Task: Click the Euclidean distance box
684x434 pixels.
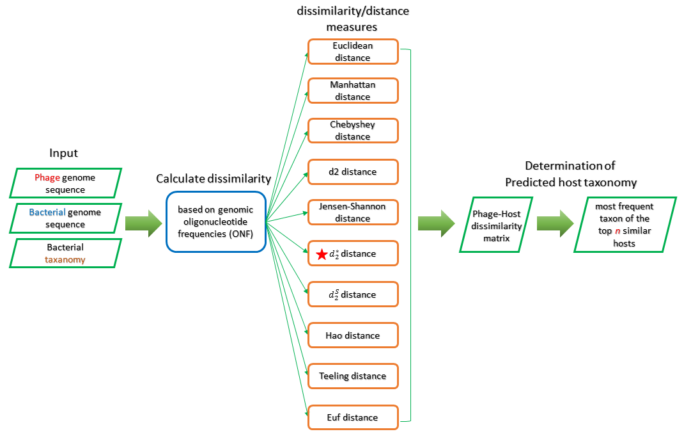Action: [x=353, y=52]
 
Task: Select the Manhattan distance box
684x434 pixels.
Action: [x=353, y=91]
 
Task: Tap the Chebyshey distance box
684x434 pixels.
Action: [x=353, y=131]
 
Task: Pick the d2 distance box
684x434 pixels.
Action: [x=353, y=172]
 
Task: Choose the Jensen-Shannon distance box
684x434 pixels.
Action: [x=353, y=213]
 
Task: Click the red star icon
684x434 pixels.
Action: [x=322, y=254]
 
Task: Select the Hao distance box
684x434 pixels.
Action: [x=353, y=335]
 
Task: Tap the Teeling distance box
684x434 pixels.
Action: [x=353, y=376]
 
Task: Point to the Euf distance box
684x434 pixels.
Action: [x=353, y=417]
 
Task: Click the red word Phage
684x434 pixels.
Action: [x=47, y=177]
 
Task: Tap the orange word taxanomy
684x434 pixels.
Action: [x=65, y=259]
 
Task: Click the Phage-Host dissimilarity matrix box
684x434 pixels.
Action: [x=497, y=225]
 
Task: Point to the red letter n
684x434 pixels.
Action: [x=618, y=231]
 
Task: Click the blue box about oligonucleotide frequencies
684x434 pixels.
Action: [x=215, y=221]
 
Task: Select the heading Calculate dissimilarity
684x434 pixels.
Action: [x=214, y=179]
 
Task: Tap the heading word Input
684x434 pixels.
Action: [x=64, y=154]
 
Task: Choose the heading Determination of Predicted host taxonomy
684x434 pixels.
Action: [x=571, y=174]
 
